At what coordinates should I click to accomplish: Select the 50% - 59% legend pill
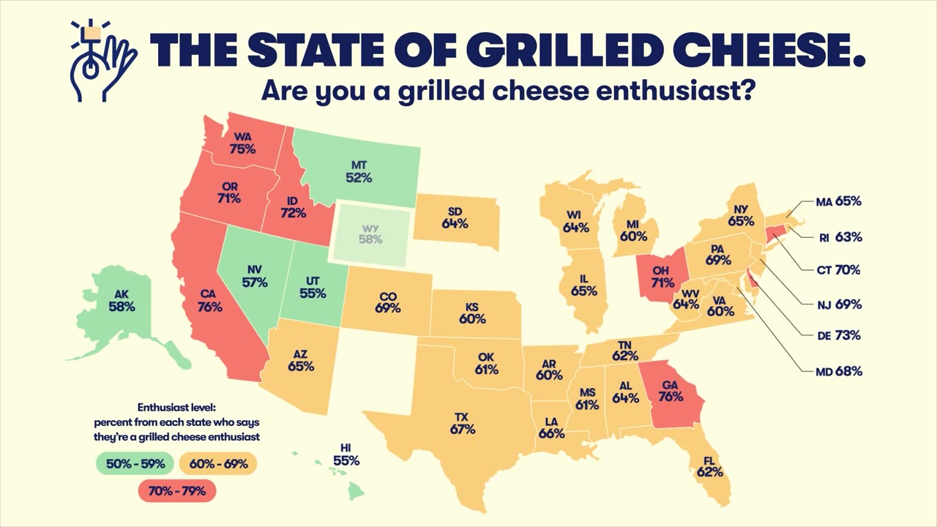(134, 463)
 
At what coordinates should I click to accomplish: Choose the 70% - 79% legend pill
(178, 490)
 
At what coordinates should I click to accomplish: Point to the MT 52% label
(359, 171)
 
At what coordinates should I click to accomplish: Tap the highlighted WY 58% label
(370, 233)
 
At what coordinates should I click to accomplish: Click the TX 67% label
(463, 423)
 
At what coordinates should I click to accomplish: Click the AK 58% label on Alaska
(122, 301)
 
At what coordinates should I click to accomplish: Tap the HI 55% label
(346, 455)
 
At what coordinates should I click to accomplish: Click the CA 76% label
(209, 301)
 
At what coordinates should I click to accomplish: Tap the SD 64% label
(455, 217)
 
